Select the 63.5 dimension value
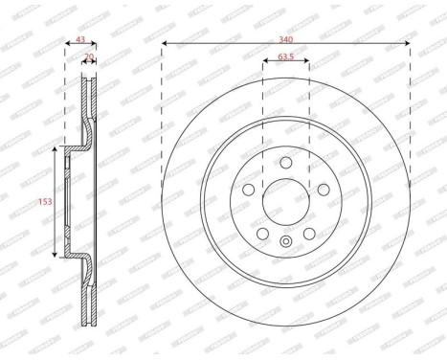(285, 56)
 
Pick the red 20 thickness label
(90, 58)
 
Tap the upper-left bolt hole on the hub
(248, 189)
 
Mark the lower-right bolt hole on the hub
(309, 231)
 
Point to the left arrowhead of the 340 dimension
(166, 44)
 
